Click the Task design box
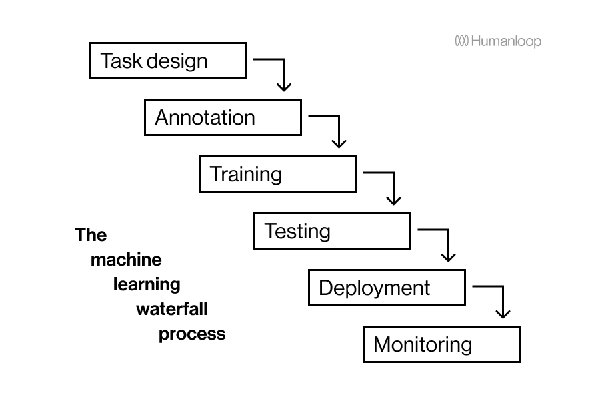click(168, 61)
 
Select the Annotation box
click(223, 117)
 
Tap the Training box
click(277, 174)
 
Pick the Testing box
click(332, 231)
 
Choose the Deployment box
click(387, 288)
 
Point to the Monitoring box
click(441, 344)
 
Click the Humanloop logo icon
click(462, 41)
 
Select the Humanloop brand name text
click(506, 41)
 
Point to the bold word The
click(91, 235)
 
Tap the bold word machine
click(126, 260)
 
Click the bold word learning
click(147, 284)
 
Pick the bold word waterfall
click(172, 309)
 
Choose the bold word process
click(192, 334)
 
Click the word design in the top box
click(177, 61)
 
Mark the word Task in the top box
click(121, 61)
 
